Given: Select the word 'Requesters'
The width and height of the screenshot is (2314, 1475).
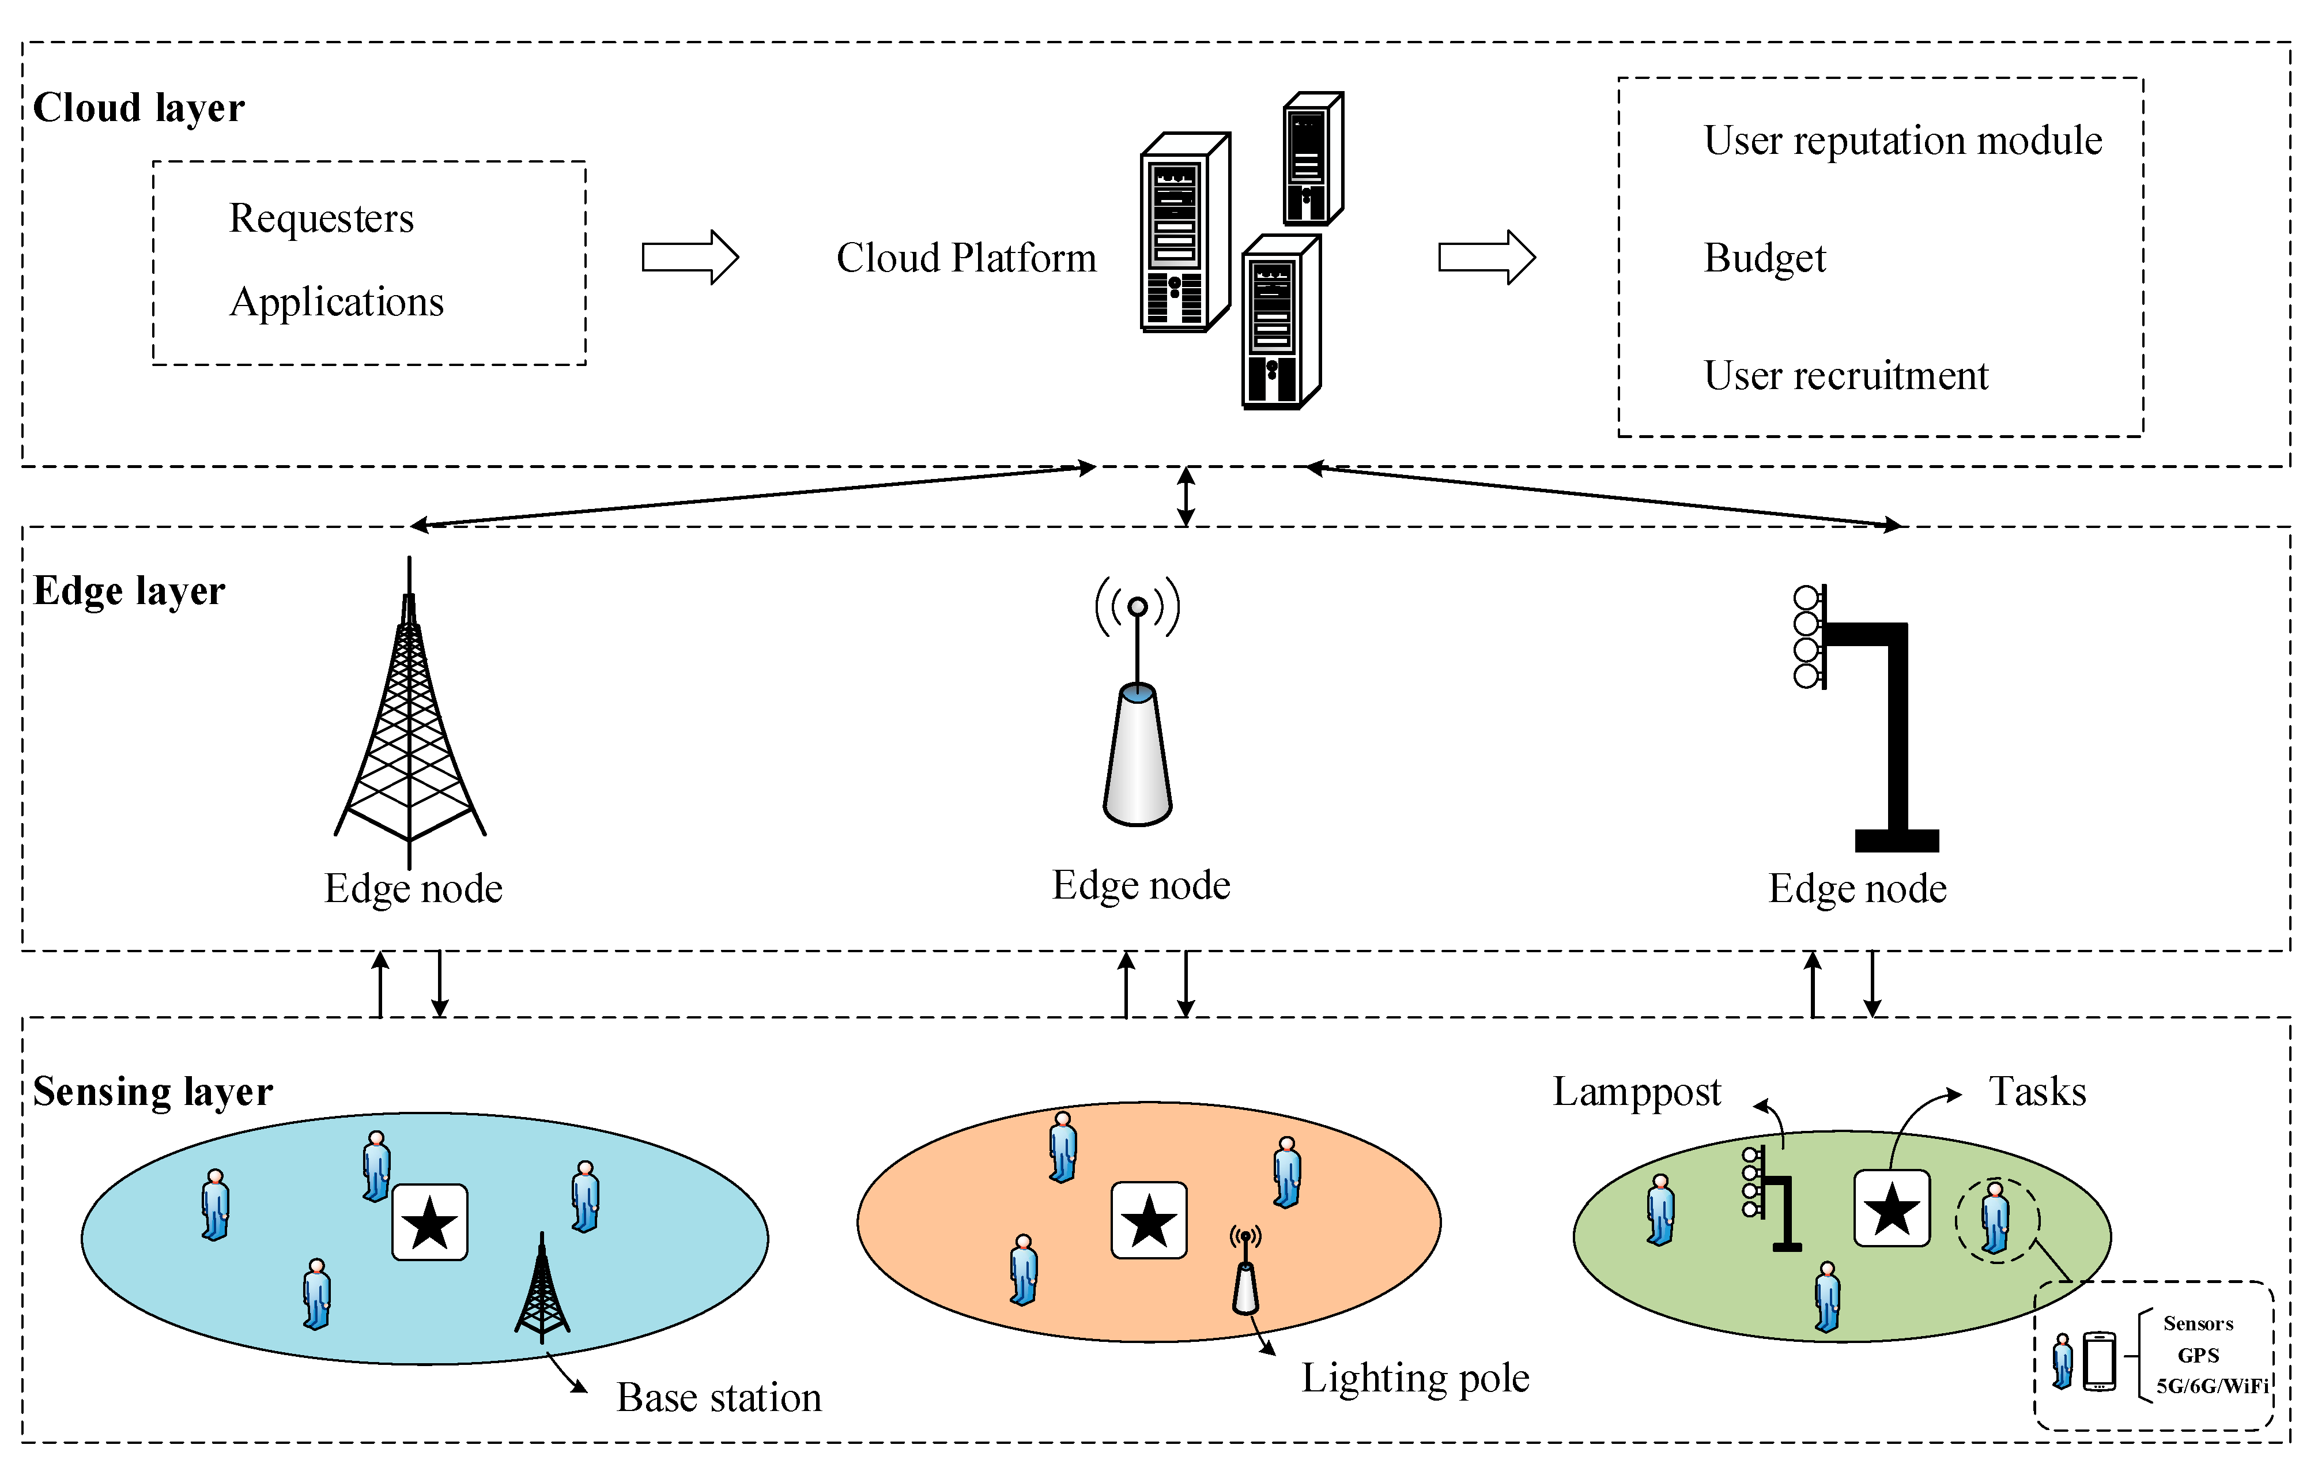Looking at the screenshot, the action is pyautogui.click(x=321, y=218).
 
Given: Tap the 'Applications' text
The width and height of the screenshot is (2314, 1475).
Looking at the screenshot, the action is pyautogui.click(x=337, y=301).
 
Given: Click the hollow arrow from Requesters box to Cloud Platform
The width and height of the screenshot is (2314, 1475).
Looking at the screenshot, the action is pyautogui.click(x=690, y=258).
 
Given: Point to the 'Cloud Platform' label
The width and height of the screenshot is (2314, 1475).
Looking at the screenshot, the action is pyautogui.click(x=966, y=258).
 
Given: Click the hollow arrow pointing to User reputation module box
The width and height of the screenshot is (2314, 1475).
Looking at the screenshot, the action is pyautogui.click(x=1486, y=258).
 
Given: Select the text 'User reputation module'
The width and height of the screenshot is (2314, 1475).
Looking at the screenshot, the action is pyautogui.click(x=1902, y=140).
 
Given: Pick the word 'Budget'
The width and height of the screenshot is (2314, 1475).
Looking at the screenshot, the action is pyautogui.click(x=1764, y=258).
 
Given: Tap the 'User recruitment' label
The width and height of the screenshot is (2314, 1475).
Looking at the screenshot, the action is pyautogui.click(x=1845, y=375).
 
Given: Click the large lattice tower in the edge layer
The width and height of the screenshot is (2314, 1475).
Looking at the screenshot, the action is pyautogui.click(x=410, y=711).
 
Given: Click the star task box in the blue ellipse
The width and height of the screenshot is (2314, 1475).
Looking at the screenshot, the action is pyautogui.click(x=429, y=1223).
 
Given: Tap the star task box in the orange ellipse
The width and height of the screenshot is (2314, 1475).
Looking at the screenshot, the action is pyautogui.click(x=1148, y=1220).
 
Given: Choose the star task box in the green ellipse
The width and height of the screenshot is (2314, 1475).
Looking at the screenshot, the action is pyautogui.click(x=1891, y=1208).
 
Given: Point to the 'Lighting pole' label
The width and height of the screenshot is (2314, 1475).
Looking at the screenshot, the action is pyautogui.click(x=1414, y=1378).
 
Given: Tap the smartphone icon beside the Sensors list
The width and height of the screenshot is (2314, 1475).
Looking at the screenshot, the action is pyautogui.click(x=2099, y=1361).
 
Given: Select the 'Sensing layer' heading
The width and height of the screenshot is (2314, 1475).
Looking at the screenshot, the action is pyautogui.click(x=153, y=1092).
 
